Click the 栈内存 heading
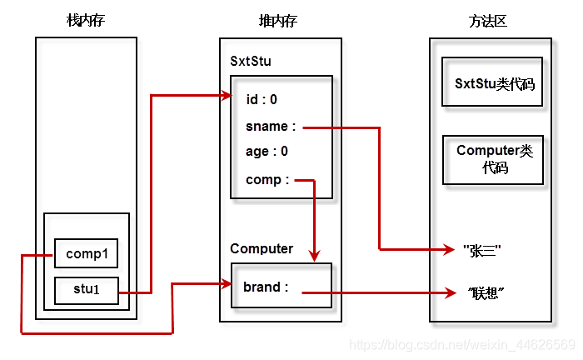(86, 20)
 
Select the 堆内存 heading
(279, 20)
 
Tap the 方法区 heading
(488, 20)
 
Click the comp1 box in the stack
(86, 253)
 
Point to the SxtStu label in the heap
(251, 61)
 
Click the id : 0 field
(262, 99)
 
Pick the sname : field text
(271, 127)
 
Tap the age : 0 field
(267, 152)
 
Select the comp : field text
(267, 179)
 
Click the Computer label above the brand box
(262, 248)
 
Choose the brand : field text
(266, 287)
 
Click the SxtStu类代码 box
(493, 83)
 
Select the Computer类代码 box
(493, 159)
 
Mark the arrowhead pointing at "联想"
(453, 292)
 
